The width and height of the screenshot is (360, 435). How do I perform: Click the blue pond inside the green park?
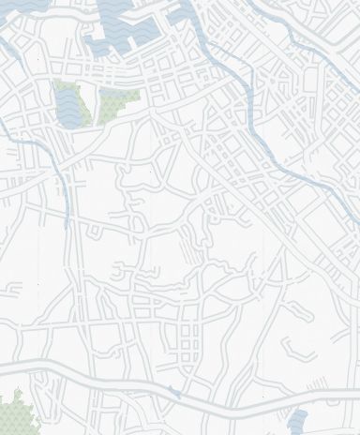(71, 105)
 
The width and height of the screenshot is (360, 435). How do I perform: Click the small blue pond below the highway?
(297, 421)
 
